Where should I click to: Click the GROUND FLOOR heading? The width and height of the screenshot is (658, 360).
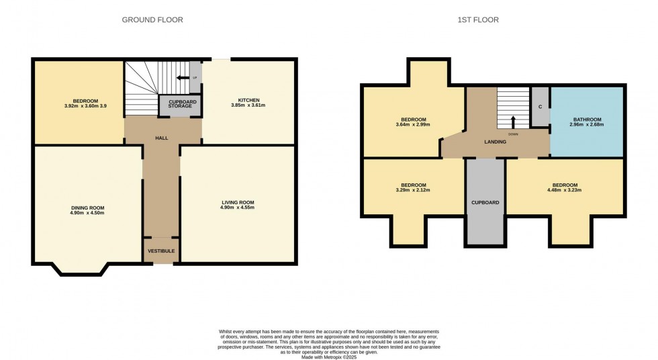[152, 20]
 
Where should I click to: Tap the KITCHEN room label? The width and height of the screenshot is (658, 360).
[249, 100]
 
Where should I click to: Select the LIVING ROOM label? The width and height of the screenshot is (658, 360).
[238, 202]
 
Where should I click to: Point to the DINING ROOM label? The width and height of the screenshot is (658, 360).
[87, 208]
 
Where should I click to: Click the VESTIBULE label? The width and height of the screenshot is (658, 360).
[161, 251]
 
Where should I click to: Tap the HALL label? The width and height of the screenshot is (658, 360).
[161, 138]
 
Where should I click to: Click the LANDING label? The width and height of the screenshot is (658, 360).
[496, 142]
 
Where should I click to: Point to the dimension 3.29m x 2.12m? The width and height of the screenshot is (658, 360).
[414, 190]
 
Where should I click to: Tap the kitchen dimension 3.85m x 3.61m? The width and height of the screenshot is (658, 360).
[249, 105]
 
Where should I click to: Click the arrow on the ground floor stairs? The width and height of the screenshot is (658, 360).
[182, 77]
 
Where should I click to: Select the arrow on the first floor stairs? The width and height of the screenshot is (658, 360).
[513, 122]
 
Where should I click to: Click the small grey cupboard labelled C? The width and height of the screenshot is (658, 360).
[540, 107]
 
